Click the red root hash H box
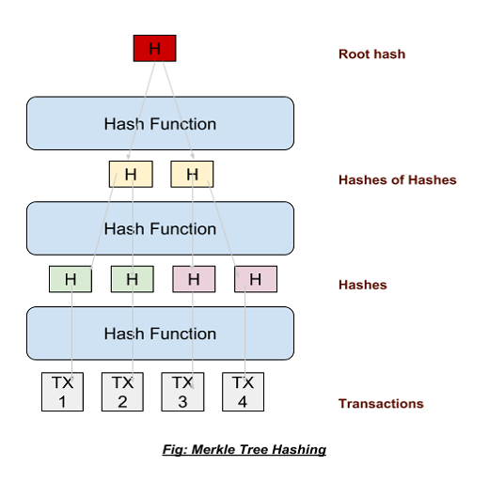point(154,48)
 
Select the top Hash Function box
point(160,123)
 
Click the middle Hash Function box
point(160,228)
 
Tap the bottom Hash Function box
point(160,334)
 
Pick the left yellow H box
point(131,174)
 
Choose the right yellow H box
point(192,174)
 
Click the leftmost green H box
point(71,279)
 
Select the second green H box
point(132,279)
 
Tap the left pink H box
point(194,279)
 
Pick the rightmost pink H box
point(255,279)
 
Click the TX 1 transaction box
point(63,392)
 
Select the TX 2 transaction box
point(122,392)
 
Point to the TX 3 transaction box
point(182,392)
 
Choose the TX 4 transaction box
point(243,392)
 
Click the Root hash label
point(371,54)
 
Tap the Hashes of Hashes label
point(397,179)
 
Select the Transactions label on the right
point(381,404)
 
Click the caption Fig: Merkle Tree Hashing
point(243,449)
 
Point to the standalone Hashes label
point(362,285)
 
